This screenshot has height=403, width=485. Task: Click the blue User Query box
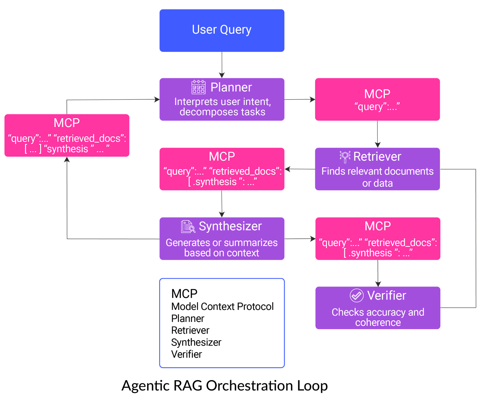(x=222, y=30)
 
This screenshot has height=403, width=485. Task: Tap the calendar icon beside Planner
(x=199, y=87)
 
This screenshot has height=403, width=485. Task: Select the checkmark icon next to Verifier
(x=356, y=295)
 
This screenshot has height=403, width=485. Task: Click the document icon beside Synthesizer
(x=188, y=227)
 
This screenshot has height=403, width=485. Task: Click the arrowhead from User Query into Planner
(x=222, y=75)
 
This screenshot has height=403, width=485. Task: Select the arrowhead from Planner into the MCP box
(x=312, y=99)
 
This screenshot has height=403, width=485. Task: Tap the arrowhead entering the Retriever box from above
(x=377, y=145)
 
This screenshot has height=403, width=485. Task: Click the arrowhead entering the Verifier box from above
(x=378, y=284)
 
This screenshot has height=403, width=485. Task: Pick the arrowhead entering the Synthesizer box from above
(x=222, y=214)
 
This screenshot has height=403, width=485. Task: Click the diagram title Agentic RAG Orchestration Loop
(x=225, y=386)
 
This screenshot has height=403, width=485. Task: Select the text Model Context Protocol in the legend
(x=222, y=306)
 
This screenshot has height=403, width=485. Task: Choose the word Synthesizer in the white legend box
(x=196, y=342)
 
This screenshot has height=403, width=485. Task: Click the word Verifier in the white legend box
(x=186, y=354)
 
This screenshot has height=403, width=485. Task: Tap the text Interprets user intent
(x=222, y=102)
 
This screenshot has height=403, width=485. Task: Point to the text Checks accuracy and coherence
(x=378, y=317)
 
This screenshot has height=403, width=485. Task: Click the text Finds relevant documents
(x=377, y=171)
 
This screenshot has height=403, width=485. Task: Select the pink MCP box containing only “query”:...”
(x=377, y=99)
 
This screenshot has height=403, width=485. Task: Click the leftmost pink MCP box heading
(x=67, y=123)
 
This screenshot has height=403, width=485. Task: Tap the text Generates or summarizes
(x=222, y=242)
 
